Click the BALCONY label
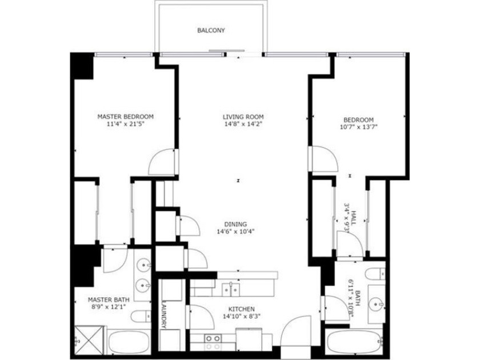[x=211, y=30]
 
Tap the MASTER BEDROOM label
[x=126, y=117]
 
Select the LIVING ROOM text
[x=243, y=117]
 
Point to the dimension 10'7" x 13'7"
[x=358, y=127]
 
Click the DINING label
[x=235, y=224]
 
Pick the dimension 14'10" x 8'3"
[x=242, y=317]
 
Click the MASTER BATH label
[x=109, y=299]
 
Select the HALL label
[x=354, y=218]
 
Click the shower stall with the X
[x=89, y=340]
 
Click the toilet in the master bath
[x=141, y=315]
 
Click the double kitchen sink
[x=231, y=290]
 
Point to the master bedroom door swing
[x=162, y=162]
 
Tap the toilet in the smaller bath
[x=375, y=274]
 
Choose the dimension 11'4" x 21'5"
[x=125, y=125]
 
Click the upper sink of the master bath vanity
[x=143, y=265]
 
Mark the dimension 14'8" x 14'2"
[x=243, y=125]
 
